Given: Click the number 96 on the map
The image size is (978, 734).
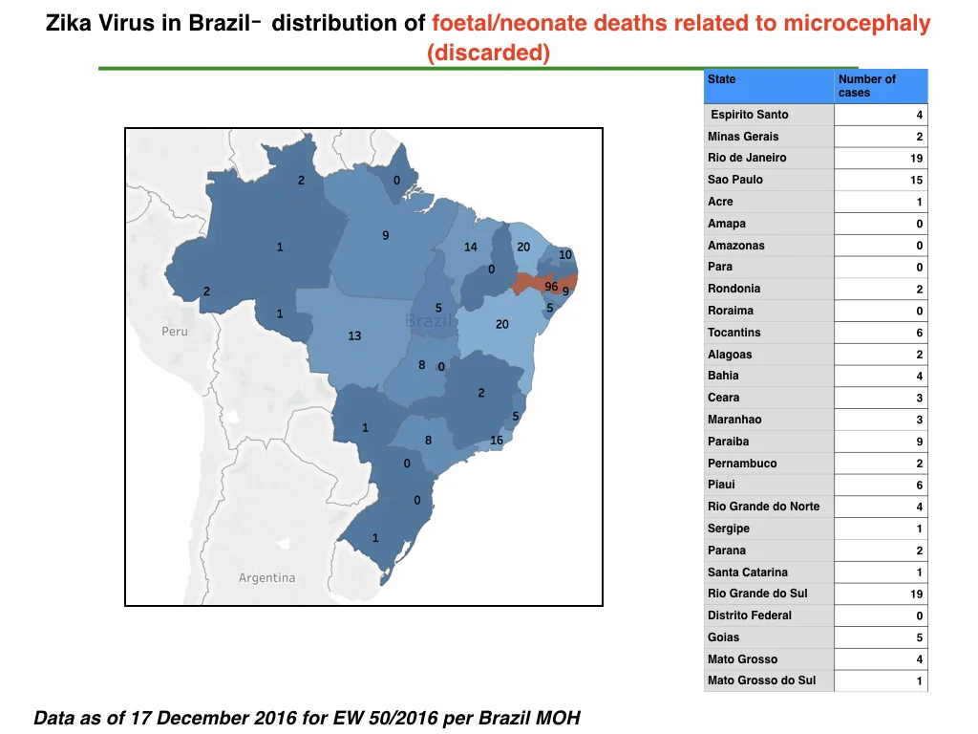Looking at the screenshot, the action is click(x=551, y=287).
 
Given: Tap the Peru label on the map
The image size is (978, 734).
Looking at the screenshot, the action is click(x=175, y=332).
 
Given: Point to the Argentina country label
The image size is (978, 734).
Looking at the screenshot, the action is click(x=267, y=578).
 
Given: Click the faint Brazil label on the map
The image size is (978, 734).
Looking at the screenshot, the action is click(x=429, y=321).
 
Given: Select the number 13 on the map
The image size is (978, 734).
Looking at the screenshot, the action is click(x=354, y=335).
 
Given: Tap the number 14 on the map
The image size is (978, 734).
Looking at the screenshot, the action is click(x=470, y=248).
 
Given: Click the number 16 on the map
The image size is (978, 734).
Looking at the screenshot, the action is click(x=497, y=440).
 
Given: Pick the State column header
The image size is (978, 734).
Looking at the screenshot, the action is click(x=722, y=79).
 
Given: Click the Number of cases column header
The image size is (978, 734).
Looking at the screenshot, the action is click(x=867, y=86).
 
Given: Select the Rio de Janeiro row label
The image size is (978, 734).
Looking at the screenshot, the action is click(x=747, y=158).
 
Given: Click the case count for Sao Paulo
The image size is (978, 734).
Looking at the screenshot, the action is click(x=916, y=180).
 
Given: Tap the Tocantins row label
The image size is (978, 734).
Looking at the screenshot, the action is click(x=734, y=333).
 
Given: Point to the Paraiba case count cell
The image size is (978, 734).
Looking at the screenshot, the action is click(x=881, y=442).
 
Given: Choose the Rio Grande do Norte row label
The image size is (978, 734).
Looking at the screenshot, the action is click(x=763, y=507).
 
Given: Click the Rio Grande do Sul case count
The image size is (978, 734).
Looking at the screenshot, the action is click(x=916, y=594).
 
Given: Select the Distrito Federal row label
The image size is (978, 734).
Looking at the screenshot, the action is click(x=749, y=615).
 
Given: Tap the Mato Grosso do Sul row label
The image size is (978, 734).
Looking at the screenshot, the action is click(x=761, y=680).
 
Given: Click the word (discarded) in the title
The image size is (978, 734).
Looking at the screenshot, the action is click(x=488, y=53).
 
